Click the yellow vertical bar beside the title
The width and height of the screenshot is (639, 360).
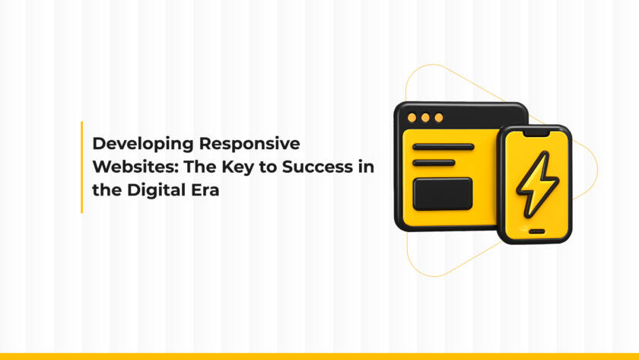pos(81,167)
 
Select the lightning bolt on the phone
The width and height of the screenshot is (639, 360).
pos(537,183)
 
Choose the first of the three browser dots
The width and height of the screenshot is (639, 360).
pos(412,118)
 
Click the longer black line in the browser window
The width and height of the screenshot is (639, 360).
pos(443,147)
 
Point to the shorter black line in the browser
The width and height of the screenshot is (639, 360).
pos(434,162)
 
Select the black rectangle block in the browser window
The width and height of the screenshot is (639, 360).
pos(443,193)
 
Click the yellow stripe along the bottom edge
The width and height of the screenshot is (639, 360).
pos(319,356)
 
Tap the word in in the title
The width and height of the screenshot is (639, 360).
pos(366,167)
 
